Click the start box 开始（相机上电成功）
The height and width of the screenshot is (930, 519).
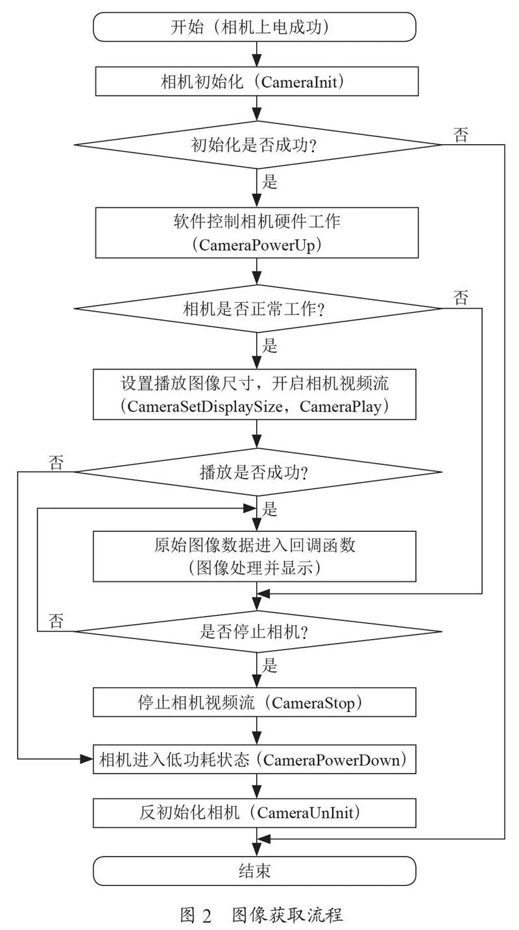(254, 27)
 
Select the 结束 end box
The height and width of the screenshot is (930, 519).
(254, 871)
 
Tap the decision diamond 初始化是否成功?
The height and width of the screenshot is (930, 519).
(257, 145)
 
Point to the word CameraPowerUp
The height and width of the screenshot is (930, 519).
(257, 245)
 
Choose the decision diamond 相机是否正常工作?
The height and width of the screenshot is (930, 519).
(257, 308)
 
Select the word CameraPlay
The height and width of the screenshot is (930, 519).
(341, 407)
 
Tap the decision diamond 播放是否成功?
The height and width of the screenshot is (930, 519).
(257, 472)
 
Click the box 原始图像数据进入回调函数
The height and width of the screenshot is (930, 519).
(254, 557)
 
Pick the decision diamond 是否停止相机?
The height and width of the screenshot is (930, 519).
(257, 631)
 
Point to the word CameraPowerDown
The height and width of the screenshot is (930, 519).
(332, 760)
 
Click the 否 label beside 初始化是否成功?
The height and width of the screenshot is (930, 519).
(461, 135)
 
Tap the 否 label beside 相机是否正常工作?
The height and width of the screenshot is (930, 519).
(461, 297)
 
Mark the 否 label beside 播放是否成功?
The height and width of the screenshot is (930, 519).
(56, 462)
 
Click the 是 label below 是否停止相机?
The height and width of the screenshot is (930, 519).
(270, 665)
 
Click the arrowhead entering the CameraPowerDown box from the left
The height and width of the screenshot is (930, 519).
(86, 759)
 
